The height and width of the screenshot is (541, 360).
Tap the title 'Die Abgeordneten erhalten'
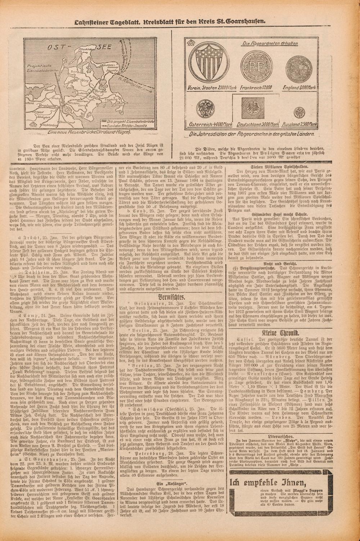coord(270,44)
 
